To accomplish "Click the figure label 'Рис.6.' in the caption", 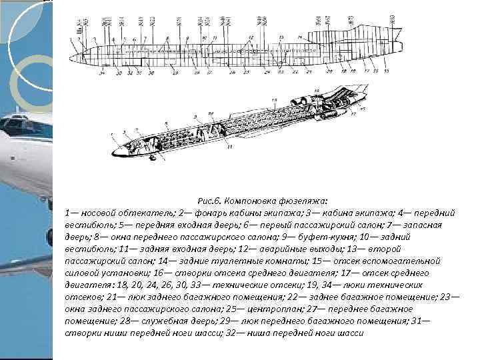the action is pos(209,200).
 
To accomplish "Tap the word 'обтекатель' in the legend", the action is pos(139,212).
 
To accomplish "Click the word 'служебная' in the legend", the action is pos(161,321).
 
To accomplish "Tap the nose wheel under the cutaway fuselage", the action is pos(154,159).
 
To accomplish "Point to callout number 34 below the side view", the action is pos(102,71).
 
